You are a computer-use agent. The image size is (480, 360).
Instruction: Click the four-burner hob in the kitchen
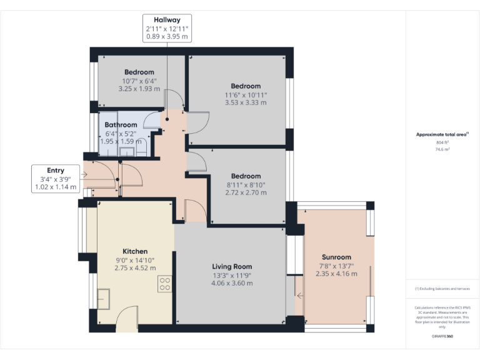click(x=165, y=284)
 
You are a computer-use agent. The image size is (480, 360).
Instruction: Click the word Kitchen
click(x=135, y=251)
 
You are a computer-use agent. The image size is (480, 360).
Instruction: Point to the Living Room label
click(x=232, y=266)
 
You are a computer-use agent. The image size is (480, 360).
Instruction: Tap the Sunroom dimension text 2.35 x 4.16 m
click(x=336, y=273)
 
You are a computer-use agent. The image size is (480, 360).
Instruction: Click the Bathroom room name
click(x=121, y=125)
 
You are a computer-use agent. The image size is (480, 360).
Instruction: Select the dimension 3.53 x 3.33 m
click(x=245, y=102)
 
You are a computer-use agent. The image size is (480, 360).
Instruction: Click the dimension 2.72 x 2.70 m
click(x=245, y=192)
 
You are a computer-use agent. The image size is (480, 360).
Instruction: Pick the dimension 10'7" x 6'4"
click(x=139, y=81)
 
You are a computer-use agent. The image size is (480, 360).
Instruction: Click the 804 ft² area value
click(x=442, y=143)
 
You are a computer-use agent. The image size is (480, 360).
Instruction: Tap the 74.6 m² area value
click(x=442, y=150)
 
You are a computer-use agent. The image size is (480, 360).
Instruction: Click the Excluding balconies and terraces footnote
click(x=442, y=289)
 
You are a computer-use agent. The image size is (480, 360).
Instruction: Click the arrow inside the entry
click(x=86, y=176)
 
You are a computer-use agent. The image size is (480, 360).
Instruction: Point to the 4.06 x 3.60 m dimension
click(x=232, y=283)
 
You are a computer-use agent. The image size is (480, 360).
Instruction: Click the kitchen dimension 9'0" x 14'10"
click(x=135, y=260)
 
